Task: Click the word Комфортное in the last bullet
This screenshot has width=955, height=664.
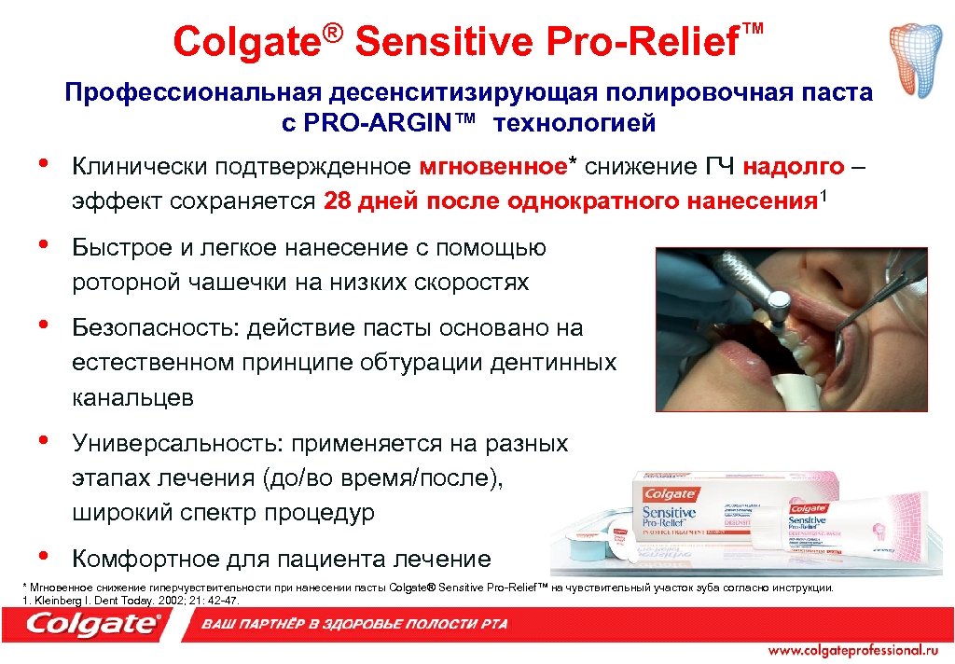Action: [145, 559]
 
